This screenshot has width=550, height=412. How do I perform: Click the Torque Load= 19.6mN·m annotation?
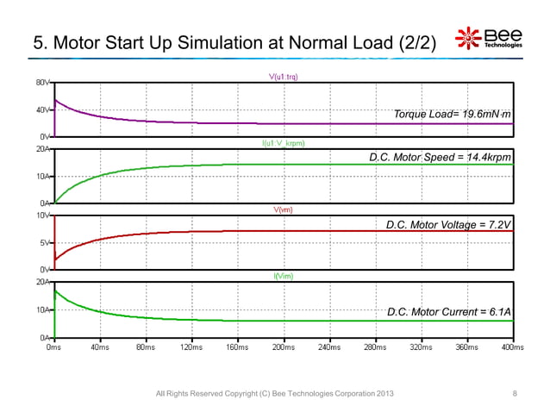click(453, 114)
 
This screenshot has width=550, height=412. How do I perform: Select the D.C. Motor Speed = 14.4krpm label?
click(440, 158)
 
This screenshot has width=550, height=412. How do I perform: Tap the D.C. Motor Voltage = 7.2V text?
click(449, 224)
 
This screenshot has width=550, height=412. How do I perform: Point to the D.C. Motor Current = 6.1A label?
click(449, 311)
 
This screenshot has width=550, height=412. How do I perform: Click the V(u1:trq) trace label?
click(284, 78)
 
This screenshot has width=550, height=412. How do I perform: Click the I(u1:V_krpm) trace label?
click(284, 143)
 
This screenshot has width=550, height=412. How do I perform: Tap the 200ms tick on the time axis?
click(283, 346)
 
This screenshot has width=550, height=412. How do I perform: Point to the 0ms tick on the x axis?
click(53, 346)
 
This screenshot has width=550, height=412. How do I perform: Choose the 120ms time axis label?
click(191, 346)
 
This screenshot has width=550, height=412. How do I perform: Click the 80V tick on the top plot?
click(42, 83)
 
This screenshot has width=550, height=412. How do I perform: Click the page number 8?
click(515, 394)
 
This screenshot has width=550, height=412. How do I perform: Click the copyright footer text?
click(274, 394)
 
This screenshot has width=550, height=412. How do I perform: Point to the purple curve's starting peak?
click(56, 100)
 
